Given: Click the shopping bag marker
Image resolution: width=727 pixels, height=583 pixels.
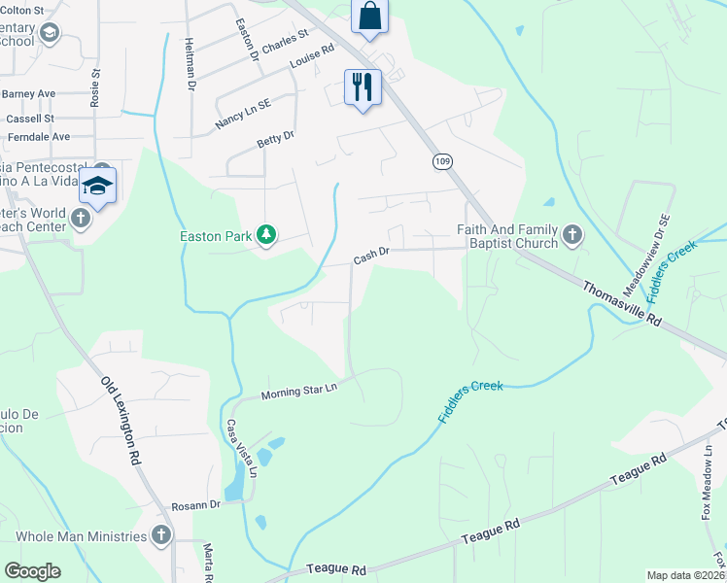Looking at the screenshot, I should pyautogui.click(x=368, y=17).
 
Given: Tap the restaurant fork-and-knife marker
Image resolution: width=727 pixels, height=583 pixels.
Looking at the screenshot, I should pyautogui.click(x=363, y=87).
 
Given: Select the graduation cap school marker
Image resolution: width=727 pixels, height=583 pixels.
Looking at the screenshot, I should pyautogui.click(x=97, y=185).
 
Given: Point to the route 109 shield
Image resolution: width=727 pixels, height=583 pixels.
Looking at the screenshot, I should pyautogui.click(x=442, y=161).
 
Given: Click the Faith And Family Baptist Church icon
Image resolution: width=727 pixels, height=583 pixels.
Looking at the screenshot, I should pyautogui.click(x=572, y=234).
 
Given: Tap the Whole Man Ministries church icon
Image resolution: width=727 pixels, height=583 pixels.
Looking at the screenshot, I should pyautogui.click(x=160, y=535).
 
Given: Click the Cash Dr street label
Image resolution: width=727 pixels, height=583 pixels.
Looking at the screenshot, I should pyautogui.click(x=371, y=256).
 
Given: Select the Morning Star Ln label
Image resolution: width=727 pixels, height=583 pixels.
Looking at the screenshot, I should pyautogui.click(x=298, y=391).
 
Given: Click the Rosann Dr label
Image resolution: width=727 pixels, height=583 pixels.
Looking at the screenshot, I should pyautogui.click(x=196, y=505).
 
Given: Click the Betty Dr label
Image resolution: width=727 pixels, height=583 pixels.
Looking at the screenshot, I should pyautogui.click(x=275, y=141).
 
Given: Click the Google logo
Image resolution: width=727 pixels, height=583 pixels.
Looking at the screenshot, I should pyautogui.click(x=33, y=571).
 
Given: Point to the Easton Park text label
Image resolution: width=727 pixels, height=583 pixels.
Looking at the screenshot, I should pyautogui.click(x=215, y=235).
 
